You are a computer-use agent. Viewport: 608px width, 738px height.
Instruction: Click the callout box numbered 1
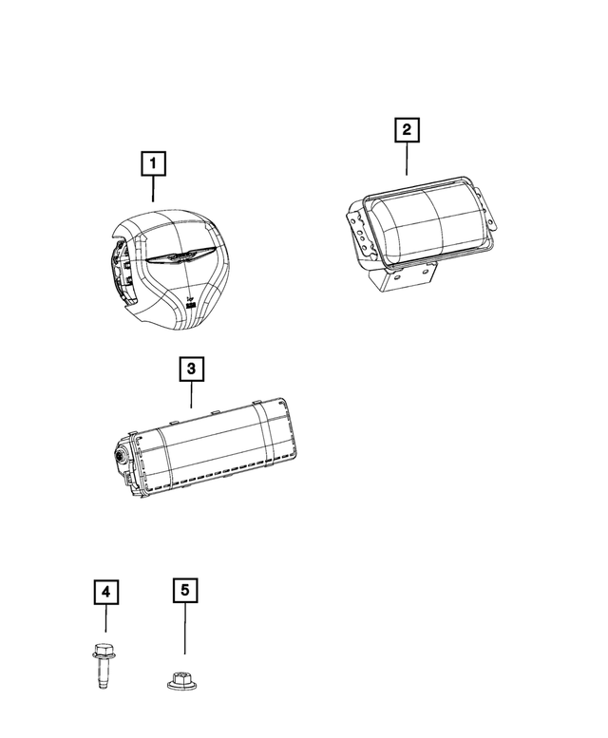tap(153, 163)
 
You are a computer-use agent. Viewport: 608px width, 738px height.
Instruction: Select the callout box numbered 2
tap(407, 129)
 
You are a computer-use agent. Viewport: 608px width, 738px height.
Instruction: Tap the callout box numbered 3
tap(191, 369)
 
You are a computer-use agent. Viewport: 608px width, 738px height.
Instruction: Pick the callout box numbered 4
tap(105, 592)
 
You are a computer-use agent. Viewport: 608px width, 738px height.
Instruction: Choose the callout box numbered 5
tap(185, 590)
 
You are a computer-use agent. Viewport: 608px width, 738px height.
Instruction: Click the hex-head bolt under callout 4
tap(103, 665)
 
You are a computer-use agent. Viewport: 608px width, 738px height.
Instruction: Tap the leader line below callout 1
tap(153, 189)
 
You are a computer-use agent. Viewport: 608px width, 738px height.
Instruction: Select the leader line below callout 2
tap(407, 159)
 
